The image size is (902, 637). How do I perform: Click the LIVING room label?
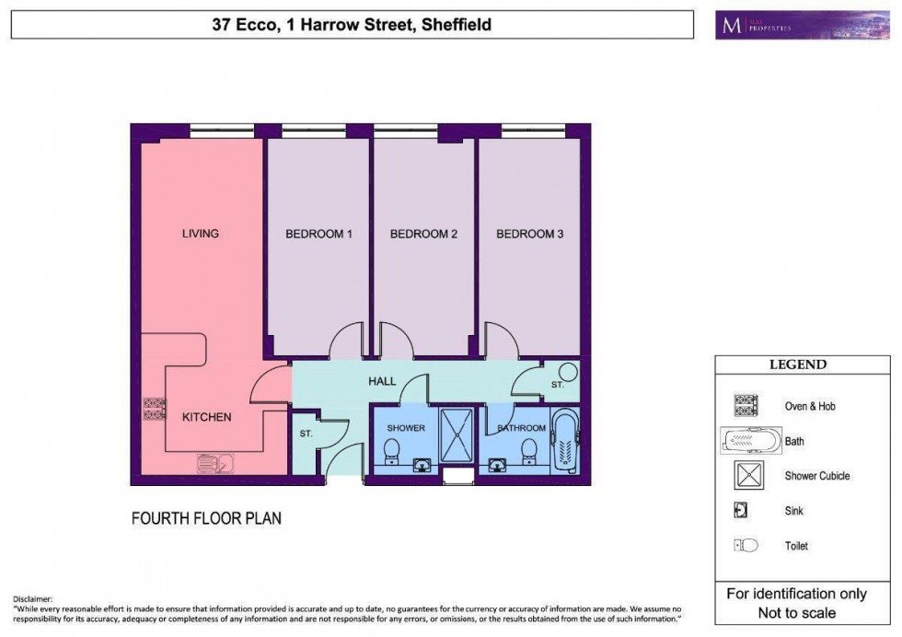pos(200,234)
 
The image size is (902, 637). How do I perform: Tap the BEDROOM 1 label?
pos(318,235)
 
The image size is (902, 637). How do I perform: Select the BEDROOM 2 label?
pos(423,235)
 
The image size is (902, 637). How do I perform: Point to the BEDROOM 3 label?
pos(529,235)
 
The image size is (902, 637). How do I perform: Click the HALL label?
pos(381,381)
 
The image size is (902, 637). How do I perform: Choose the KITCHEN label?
pos(206,417)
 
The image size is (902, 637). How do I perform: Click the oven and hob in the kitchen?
pos(154,409)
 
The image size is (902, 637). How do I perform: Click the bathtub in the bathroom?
pos(563,440)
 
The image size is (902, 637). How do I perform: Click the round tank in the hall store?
pos(568,373)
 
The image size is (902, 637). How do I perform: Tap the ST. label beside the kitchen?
pos(306,432)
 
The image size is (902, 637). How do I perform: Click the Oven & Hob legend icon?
pos(745,406)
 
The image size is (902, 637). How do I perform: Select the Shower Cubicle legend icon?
pos(745,476)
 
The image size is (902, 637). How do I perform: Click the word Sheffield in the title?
pos(457,25)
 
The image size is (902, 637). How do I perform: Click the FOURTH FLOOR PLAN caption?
pos(206,518)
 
